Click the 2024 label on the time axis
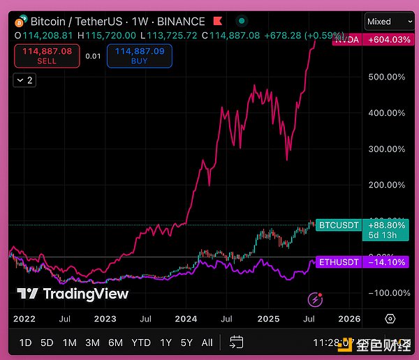click(186, 319)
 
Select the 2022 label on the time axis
click(24, 319)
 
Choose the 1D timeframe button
click(25, 343)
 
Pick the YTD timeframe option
click(141, 343)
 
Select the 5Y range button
click(186, 343)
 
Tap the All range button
click(207, 343)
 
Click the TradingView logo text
click(73, 294)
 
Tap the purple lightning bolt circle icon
click(315, 299)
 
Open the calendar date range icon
click(236, 342)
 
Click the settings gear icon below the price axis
click(390, 319)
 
